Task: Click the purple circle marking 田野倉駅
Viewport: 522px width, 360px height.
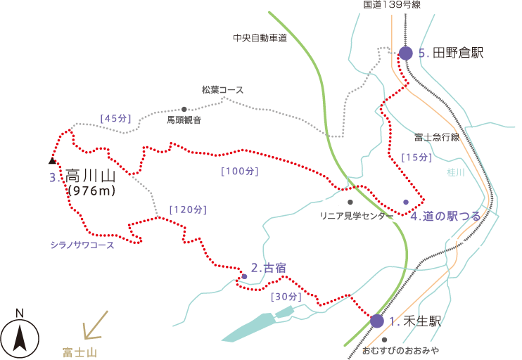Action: pyautogui.click(x=405, y=53)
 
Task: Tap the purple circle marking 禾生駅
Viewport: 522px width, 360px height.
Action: pyautogui.click(x=377, y=321)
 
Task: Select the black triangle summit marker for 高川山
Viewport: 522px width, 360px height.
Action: pyautogui.click(x=52, y=161)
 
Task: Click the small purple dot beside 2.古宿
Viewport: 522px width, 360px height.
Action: pyautogui.click(x=244, y=276)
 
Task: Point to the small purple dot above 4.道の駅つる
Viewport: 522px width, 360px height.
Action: pyautogui.click(x=406, y=202)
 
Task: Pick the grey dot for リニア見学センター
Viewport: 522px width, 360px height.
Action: pyautogui.click(x=350, y=202)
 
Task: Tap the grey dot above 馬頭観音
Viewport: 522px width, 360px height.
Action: pyautogui.click(x=184, y=109)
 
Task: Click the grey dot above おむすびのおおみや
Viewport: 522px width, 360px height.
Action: pyautogui.click(x=385, y=340)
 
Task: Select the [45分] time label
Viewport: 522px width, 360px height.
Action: pyautogui.click(x=115, y=118)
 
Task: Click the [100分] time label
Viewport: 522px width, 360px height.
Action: pyautogui.click(x=240, y=171)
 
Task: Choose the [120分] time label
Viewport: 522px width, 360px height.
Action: pyautogui.click(x=188, y=210)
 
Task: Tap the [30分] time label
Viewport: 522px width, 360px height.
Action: pyautogui.click(x=286, y=297)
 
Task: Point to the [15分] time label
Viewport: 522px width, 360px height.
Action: pyautogui.click(x=416, y=157)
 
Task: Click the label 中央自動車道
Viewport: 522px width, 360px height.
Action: pyautogui.click(x=260, y=38)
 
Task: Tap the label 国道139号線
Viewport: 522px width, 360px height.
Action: pyautogui.click(x=392, y=5)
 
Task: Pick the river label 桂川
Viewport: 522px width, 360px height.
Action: pyautogui.click(x=456, y=172)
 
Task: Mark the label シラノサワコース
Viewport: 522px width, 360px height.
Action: pyautogui.click(x=82, y=245)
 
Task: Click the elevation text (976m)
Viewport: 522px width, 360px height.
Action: pyautogui.click(x=91, y=191)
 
